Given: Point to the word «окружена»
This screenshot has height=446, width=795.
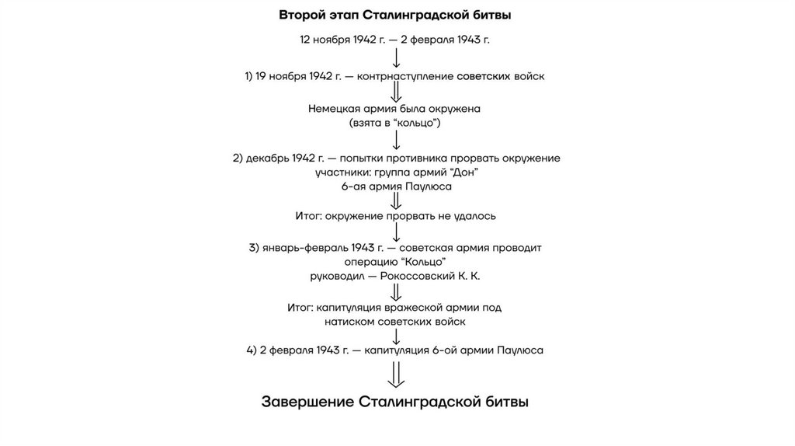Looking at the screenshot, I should point(456,109).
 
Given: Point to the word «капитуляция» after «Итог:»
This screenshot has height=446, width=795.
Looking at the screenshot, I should point(348,308).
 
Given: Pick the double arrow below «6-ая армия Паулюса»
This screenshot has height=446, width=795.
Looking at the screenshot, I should point(396,201).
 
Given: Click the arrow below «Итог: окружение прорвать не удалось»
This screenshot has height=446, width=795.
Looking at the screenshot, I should point(396,232).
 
